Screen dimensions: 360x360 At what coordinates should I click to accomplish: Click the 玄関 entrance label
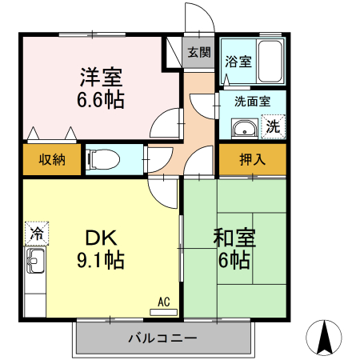[199, 54]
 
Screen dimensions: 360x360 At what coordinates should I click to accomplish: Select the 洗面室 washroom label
[252, 102]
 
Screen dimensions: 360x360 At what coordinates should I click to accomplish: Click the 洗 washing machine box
[273, 126]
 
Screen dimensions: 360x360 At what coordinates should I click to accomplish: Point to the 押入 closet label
[252, 159]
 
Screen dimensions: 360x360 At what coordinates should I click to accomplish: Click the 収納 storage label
[53, 159]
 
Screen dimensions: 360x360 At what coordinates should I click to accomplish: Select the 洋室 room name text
[100, 79]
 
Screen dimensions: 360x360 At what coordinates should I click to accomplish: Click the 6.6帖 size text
[100, 101]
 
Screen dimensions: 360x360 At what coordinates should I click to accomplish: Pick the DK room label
[102, 238]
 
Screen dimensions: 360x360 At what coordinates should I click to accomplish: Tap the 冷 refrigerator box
[36, 234]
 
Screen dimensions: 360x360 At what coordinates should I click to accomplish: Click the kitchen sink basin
[36, 259]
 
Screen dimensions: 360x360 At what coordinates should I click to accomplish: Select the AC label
[164, 302]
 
